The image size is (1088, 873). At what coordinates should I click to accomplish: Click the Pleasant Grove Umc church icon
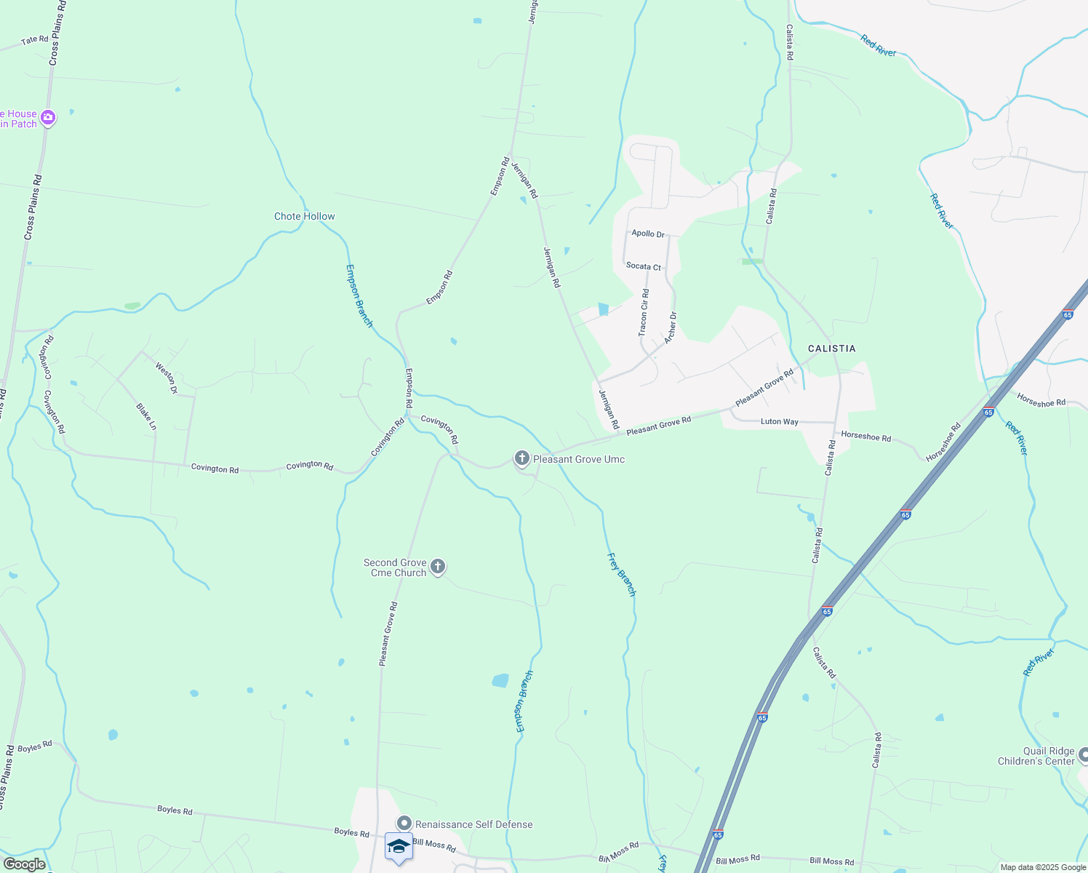click(x=521, y=458)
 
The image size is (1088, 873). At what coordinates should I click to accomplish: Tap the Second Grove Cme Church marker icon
click(x=437, y=567)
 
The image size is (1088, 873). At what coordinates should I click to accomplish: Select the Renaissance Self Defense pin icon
click(x=404, y=824)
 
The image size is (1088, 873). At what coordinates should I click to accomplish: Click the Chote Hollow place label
click(x=304, y=216)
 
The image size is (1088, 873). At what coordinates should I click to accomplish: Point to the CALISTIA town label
click(x=831, y=348)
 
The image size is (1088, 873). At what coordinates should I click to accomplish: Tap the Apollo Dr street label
click(x=647, y=234)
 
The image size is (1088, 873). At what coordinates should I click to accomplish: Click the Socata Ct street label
click(x=644, y=266)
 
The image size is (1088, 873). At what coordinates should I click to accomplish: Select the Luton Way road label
click(x=779, y=421)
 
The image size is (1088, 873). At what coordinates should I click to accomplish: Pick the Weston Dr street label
click(x=167, y=378)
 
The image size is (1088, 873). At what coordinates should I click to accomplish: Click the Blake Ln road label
click(x=146, y=416)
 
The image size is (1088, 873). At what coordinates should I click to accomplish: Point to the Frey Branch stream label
click(x=621, y=575)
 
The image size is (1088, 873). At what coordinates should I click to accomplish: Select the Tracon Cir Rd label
click(x=644, y=312)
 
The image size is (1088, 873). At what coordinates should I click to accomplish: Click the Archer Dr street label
click(x=671, y=327)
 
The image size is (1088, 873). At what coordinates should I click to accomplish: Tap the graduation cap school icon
click(x=399, y=846)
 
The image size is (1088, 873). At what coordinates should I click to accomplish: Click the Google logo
click(x=24, y=864)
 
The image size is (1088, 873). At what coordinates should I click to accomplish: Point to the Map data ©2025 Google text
click(x=1042, y=867)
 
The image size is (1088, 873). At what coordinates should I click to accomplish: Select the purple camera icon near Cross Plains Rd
click(x=48, y=117)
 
